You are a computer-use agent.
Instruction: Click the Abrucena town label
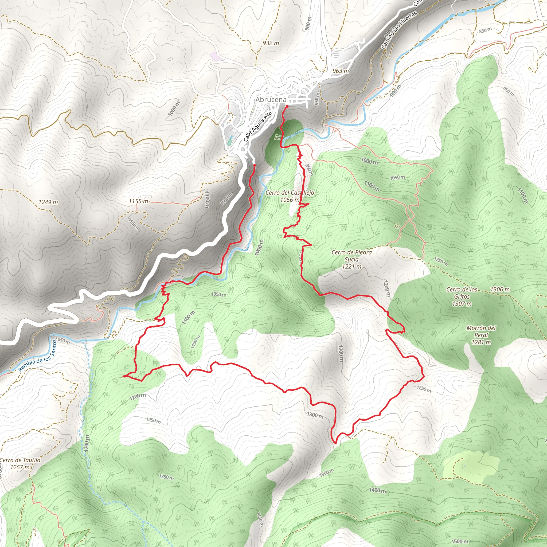(271, 100)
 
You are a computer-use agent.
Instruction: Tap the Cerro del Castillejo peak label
(290, 196)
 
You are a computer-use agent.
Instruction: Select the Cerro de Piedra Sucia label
(351, 259)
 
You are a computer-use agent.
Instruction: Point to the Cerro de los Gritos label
(462, 296)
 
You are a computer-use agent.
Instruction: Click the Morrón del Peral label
(481, 335)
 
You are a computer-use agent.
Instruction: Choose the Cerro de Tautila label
(20, 463)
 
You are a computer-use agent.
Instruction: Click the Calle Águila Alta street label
(257, 126)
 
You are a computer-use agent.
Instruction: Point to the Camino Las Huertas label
(399, 30)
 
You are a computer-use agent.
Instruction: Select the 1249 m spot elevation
(48, 202)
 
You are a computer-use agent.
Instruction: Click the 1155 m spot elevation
(138, 201)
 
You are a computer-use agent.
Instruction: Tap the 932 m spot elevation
(271, 43)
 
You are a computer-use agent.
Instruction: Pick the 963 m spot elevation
(340, 71)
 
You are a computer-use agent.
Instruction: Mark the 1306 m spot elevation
(500, 289)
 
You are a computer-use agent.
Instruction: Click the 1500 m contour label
(460, 541)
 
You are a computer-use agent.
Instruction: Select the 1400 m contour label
(377, 490)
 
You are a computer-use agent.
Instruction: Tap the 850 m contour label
(485, 30)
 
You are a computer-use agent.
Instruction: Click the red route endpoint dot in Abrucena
(287, 107)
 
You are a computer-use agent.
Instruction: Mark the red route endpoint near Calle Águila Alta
(254, 165)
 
